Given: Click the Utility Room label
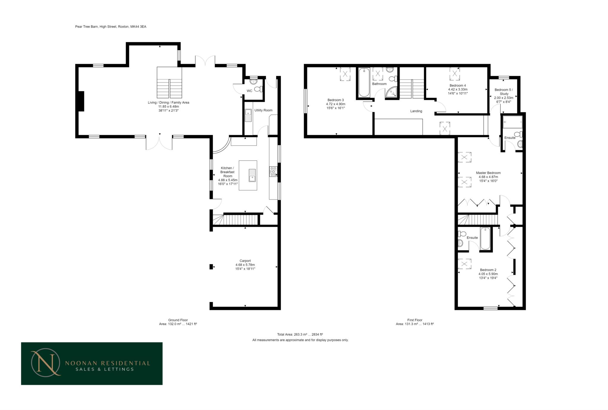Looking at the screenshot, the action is pos(263,110).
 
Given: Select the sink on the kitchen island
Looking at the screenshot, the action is pos(252,175).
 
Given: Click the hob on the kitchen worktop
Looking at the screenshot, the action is pos(273,172).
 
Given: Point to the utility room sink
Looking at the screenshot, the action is pos(248,115).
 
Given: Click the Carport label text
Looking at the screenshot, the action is pos(245,261).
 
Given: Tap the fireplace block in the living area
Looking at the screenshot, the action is pos(81,101).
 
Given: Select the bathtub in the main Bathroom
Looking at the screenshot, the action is pos(364,83).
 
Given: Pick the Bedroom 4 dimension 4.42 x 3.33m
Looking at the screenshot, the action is pos(458,89).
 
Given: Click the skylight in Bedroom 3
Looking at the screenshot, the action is pos(345,74).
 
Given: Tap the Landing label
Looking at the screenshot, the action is pos(416,111).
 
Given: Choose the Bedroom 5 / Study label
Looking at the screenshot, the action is pos(504,92).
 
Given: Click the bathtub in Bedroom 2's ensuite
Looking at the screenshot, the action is pos(485,238).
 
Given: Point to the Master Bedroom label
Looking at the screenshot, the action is pos(488,173).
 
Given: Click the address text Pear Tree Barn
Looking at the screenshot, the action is pos(86,27).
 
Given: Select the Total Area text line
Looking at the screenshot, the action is pos(300,334).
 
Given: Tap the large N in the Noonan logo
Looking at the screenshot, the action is pos(46,363).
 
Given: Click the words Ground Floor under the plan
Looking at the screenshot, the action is pos(178,320).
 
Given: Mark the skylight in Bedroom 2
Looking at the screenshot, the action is pos(464,264).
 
